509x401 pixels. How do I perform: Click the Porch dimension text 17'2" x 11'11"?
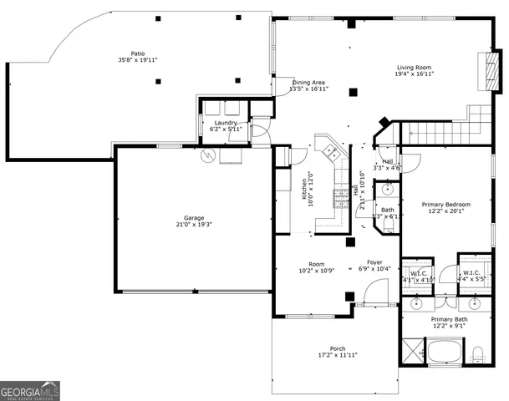point(338,356)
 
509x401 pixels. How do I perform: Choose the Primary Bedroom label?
point(445,204)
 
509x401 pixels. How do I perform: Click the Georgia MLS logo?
point(30,390)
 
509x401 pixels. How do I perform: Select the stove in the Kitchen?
point(341,198)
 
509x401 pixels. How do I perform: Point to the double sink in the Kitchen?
point(331,152)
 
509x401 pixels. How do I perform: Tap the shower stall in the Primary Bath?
point(412,351)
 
